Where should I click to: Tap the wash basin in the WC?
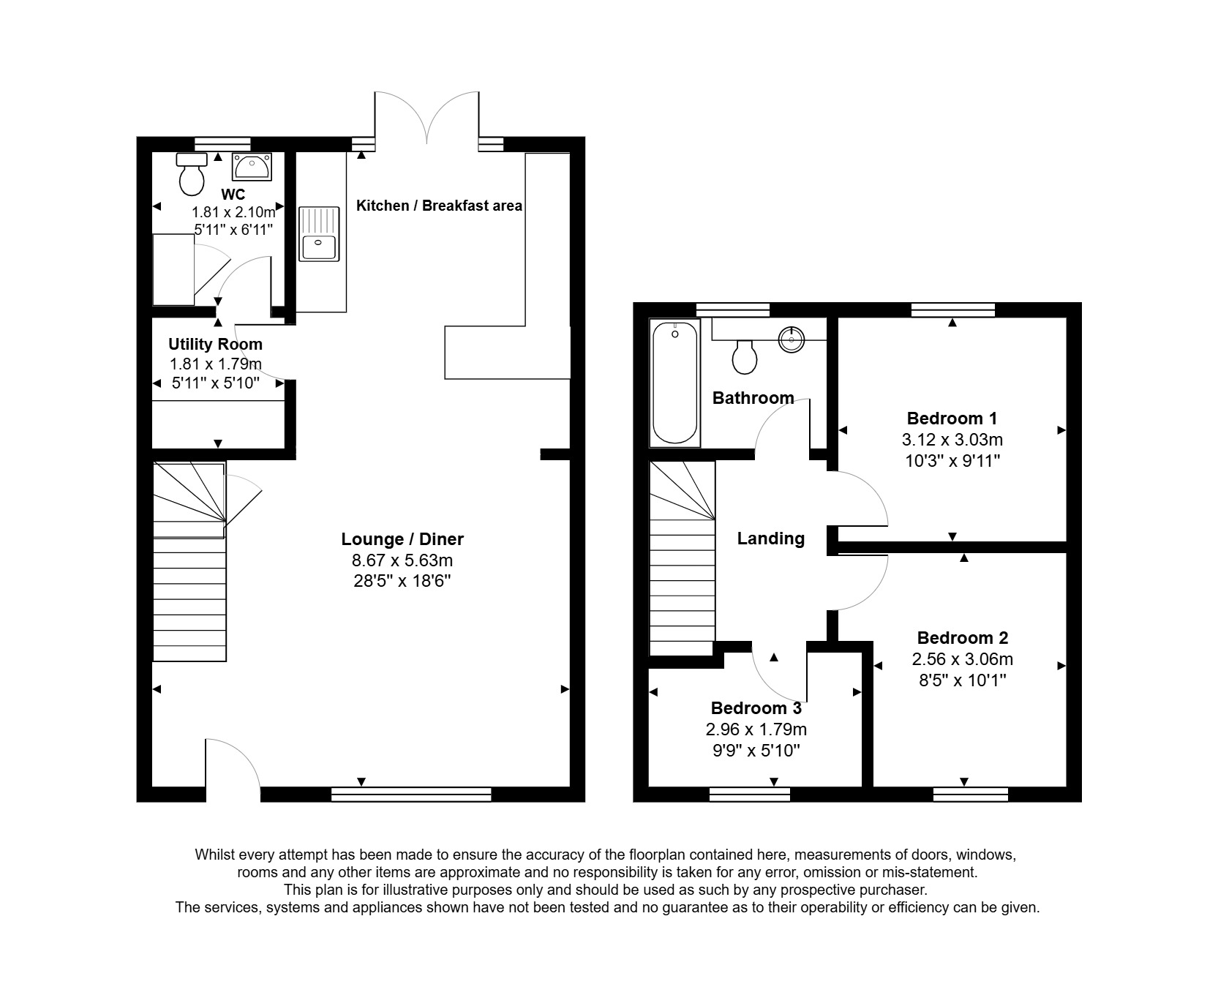tap(252, 167)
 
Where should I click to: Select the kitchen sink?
tap(319, 234)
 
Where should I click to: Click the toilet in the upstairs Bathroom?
tap(745, 356)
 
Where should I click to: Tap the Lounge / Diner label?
tap(402, 539)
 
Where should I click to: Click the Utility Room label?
tap(215, 344)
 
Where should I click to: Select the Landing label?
tap(770, 538)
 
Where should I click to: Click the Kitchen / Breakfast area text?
tap(439, 206)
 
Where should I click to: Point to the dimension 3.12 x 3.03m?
tap(952, 440)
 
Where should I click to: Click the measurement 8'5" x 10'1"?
tap(962, 680)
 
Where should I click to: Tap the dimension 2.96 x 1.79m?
tap(756, 729)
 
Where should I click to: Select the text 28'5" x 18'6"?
tap(402, 582)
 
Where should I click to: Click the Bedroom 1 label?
tap(952, 418)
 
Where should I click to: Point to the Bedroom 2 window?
tap(971, 794)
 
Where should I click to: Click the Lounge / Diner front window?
tap(411, 794)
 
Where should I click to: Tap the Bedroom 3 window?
tap(749, 794)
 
